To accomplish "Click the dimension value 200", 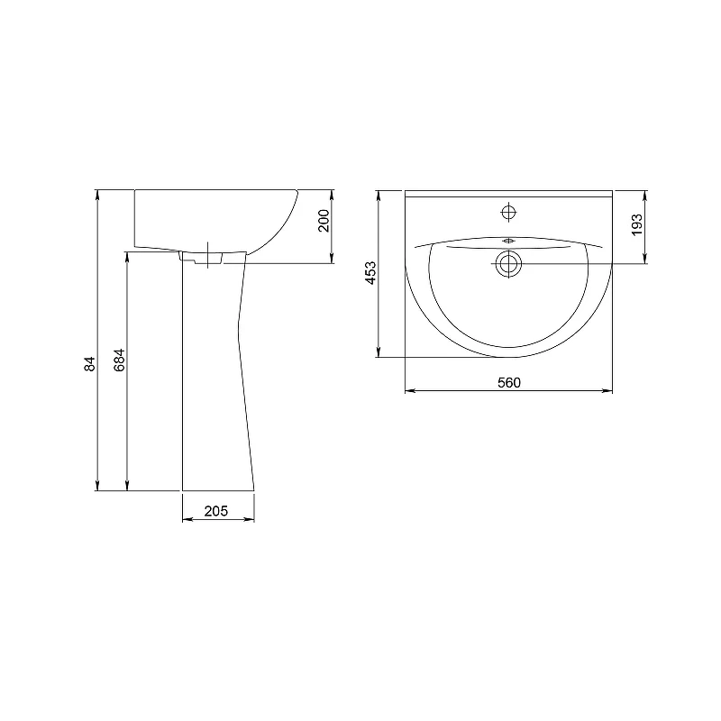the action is tap(324, 221).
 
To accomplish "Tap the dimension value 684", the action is tap(119, 360).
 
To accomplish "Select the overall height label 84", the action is tap(89, 364).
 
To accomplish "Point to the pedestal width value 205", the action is tap(216, 511).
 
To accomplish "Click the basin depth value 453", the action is tap(370, 273).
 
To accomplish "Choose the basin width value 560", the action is tap(509, 382).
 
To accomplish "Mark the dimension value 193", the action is tap(637, 224).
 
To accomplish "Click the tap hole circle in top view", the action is tap(508, 213).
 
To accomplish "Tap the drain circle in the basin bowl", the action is tap(508, 264).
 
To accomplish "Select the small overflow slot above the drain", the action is tap(508, 241).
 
